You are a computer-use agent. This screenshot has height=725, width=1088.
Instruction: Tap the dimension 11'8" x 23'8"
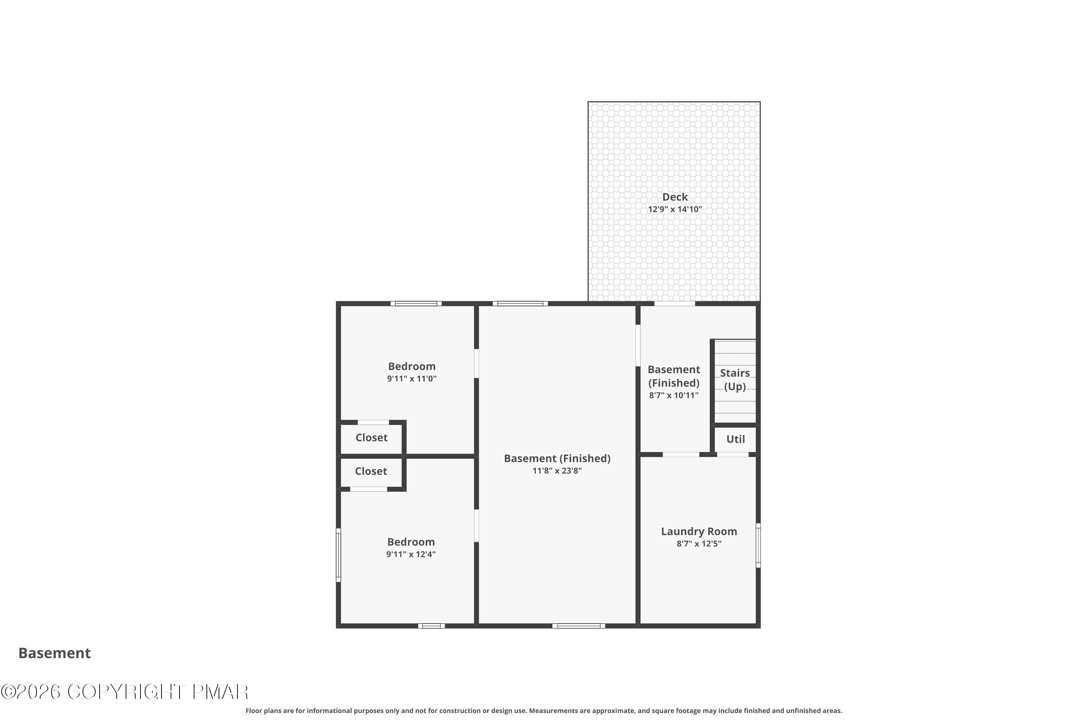557,471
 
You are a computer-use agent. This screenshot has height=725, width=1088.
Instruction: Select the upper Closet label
371,438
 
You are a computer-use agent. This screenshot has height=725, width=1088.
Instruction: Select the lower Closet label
371,471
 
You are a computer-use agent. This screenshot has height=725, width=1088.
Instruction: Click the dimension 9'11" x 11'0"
412,379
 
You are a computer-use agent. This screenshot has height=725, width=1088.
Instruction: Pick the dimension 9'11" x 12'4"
411,554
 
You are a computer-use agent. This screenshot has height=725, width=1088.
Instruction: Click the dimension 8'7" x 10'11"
673,395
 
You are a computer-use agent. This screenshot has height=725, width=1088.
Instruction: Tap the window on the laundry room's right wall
758,545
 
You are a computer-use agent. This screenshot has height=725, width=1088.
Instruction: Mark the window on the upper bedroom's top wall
416,304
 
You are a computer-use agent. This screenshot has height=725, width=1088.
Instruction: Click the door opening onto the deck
675,304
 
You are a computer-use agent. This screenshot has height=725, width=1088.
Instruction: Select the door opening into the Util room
733,455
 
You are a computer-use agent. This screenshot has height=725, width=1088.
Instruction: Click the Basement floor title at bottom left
55,653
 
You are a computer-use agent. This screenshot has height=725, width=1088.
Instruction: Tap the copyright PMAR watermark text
125,692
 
